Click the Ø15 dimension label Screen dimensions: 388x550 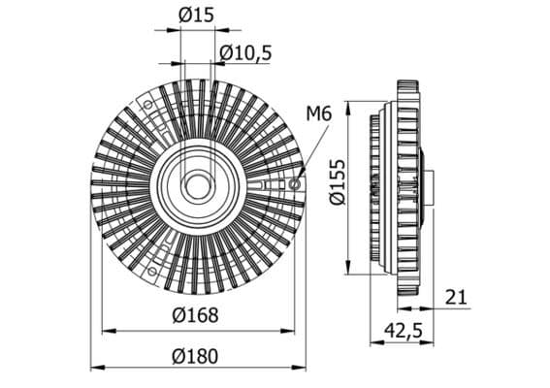click(x=198, y=14)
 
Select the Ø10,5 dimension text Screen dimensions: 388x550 click(x=243, y=50)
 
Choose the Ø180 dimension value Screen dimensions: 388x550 click(x=198, y=355)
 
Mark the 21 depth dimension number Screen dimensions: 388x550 click(x=457, y=296)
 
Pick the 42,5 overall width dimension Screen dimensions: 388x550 click(x=403, y=331)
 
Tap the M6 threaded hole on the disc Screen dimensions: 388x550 click(x=296, y=182)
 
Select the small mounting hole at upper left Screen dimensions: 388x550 click(x=148, y=104)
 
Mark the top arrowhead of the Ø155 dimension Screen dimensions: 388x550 click(x=348, y=102)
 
